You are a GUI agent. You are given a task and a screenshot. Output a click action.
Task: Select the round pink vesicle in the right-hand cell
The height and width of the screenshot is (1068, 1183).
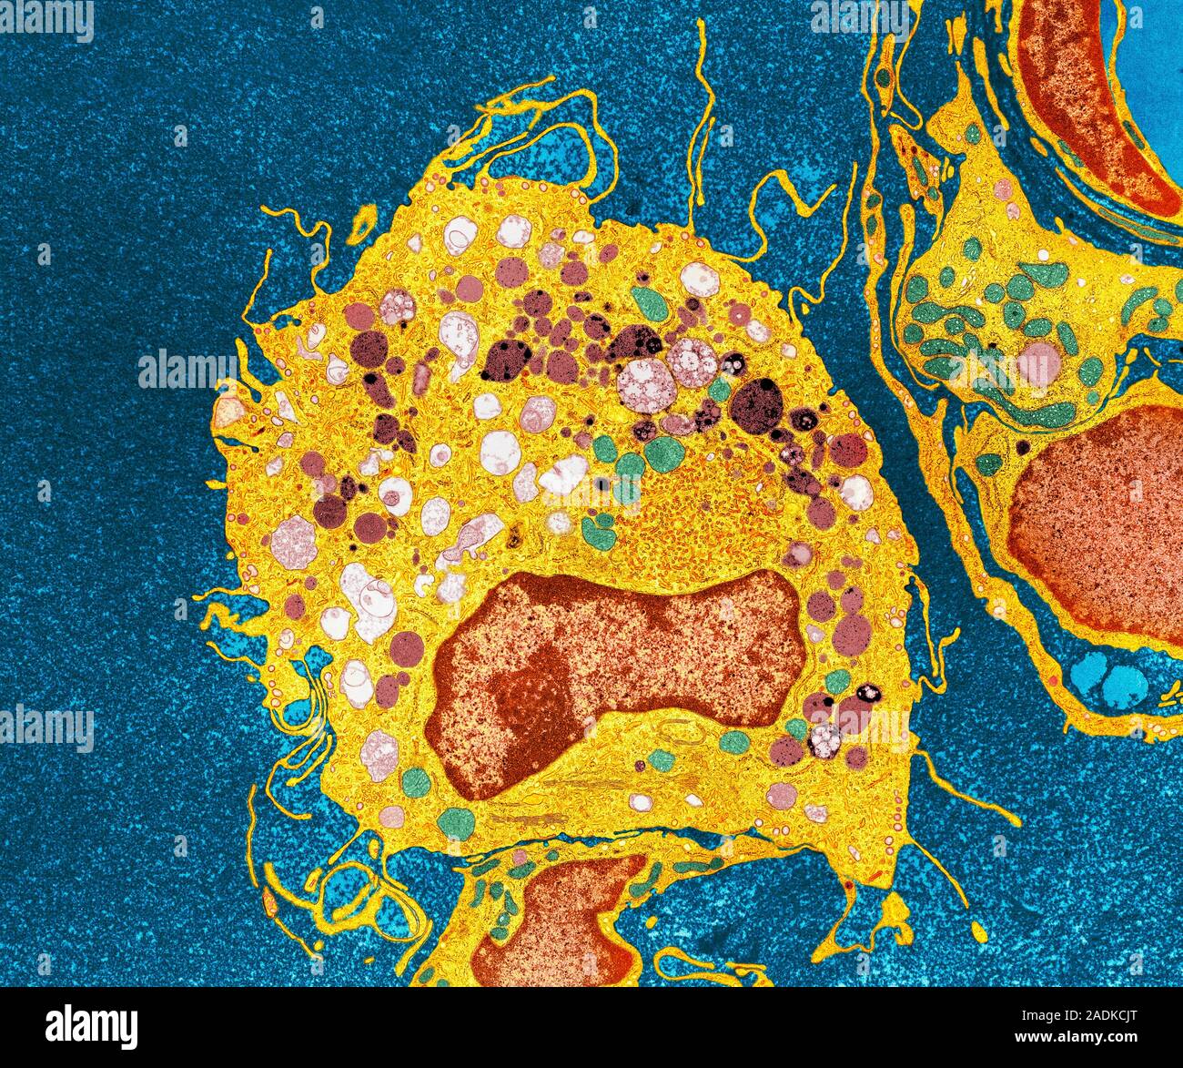click(x=1037, y=362)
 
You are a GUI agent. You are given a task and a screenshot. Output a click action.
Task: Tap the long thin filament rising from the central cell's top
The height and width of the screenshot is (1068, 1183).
click(x=701, y=118)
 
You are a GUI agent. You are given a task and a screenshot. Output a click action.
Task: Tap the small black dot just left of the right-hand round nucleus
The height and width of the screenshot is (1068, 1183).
click(x=1023, y=447)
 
